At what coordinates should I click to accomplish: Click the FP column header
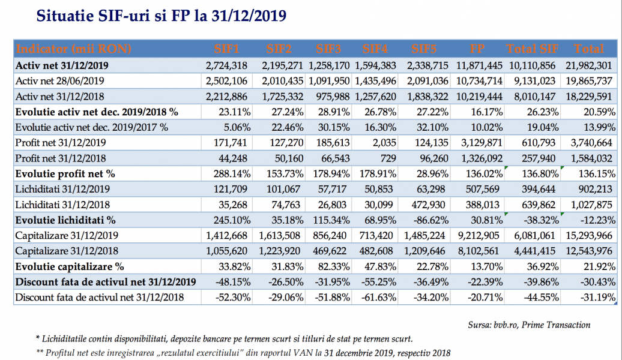(x=479, y=49)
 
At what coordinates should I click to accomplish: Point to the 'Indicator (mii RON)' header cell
(x=74, y=49)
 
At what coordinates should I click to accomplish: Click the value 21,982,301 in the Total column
(x=588, y=64)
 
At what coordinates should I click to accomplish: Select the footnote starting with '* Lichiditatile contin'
(x=224, y=339)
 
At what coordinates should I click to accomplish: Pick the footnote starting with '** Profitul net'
(x=243, y=353)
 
